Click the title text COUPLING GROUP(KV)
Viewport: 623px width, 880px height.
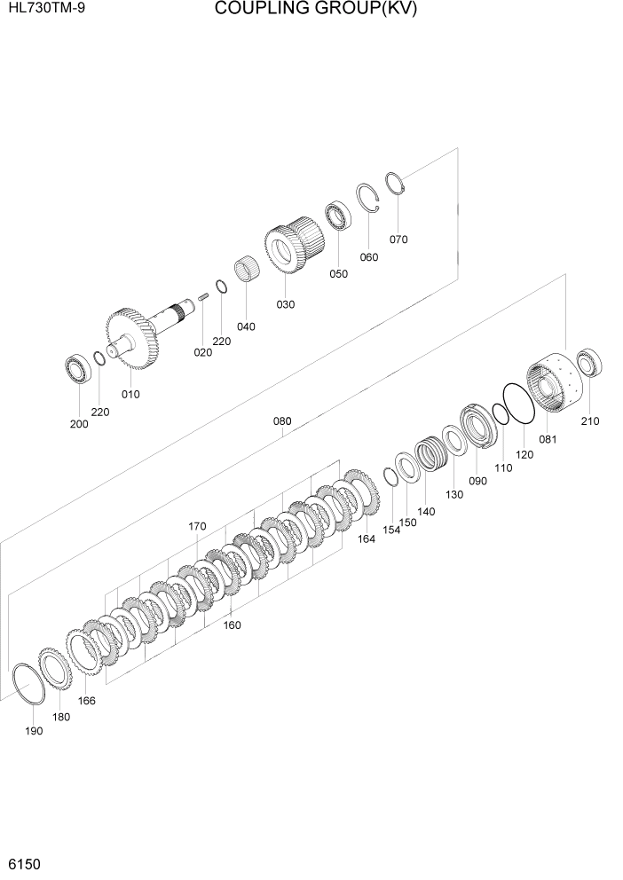tap(315, 10)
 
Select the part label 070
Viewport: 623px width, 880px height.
tap(398, 240)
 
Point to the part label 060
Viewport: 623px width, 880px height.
tap(368, 258)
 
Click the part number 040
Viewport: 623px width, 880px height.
tap(246, 326)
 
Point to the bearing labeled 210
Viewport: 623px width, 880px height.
tap(589, 363)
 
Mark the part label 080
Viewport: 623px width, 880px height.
tap(281, 422)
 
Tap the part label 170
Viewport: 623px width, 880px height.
tap(197, 526)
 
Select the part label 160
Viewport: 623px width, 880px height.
tap(232, 625)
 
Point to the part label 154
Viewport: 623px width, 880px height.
tap(391, 530)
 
